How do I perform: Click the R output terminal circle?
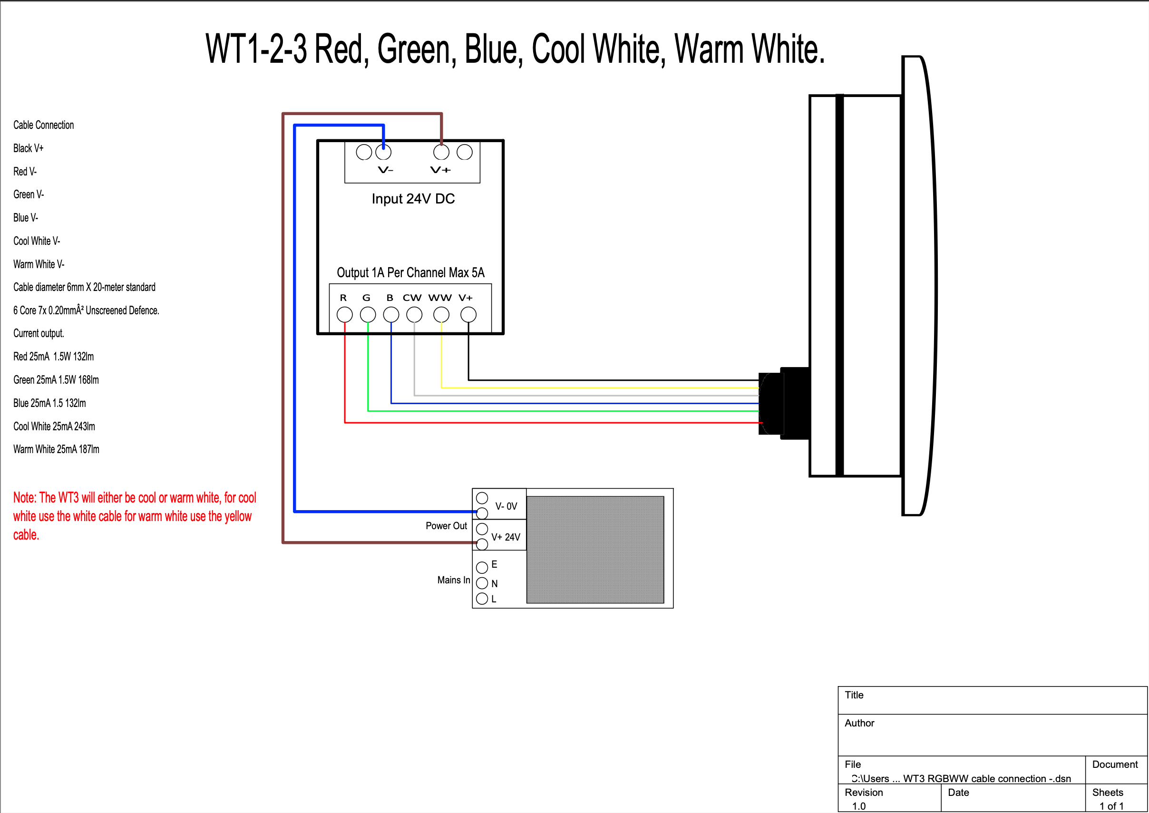[x=344, y=315]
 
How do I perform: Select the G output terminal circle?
[x=368, y=315]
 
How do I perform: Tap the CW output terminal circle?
[x=414, y=315]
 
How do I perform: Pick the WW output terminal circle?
[x=441, y=315]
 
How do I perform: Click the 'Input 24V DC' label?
[x=413, y=199]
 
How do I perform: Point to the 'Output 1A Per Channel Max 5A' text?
[x=410, y=273]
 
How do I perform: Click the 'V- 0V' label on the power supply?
[x=506, y=506]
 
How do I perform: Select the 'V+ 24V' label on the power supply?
[x=506, y=537]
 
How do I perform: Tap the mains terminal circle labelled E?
[x=482, y=567]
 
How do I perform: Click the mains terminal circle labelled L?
[x=482, y=599]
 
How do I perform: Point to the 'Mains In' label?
[x=454, y=580]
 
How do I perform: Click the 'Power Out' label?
[x=446, y=526]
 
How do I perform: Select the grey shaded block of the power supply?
[x=595, y=550]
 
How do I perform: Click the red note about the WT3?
[x=134, y=516]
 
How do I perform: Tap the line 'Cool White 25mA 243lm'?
[x=54, y=426]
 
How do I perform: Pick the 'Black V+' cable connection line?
[x=29, y=148]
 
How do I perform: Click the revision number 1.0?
[x=858, y=806]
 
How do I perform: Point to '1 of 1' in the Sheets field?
[x=1111, y=806]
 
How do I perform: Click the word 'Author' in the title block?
[x=859, y=723]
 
